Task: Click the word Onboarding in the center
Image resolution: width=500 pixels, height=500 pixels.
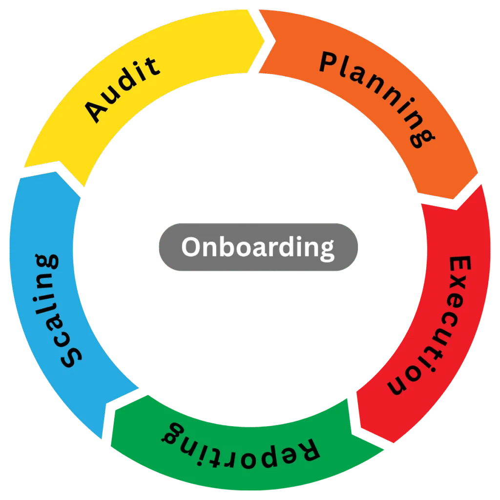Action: [x=258, y=248]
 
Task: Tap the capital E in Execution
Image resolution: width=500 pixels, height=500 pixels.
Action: [x=459, y=268]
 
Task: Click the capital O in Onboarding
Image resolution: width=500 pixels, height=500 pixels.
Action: [x=192, y=247]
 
